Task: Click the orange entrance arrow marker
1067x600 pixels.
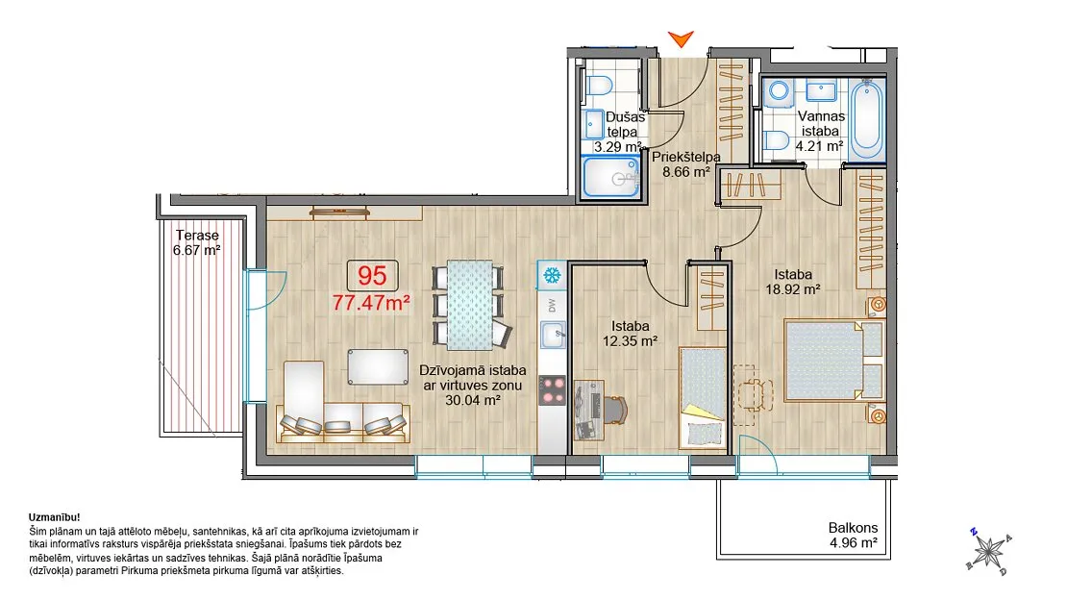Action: pos(681,38)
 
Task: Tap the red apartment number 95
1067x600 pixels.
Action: pos(372,276)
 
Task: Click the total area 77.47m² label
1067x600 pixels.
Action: pos(372,302)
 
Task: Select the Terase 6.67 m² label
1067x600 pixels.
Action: pos(197,242)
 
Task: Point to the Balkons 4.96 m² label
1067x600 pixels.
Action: pos(854,536)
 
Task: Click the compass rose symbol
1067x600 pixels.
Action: pos(989,550)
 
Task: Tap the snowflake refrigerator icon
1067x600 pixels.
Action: pos(551,276)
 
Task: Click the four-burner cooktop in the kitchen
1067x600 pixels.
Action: pos(553,391)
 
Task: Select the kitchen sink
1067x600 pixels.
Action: pos(553,335)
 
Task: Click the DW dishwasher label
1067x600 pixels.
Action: pos(552,305)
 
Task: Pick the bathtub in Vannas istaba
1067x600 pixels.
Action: pos(866,120)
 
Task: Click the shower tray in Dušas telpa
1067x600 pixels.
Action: pos(611,178)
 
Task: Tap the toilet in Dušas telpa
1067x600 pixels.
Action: pos(597,87)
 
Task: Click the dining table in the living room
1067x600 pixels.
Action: pos(469,304)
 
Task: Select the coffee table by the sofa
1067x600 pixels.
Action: pos(378,367)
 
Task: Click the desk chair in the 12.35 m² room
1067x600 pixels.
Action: pos(614,409)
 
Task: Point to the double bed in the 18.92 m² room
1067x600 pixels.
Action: pos(834,361)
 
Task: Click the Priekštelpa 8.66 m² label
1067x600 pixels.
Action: pos(686,164)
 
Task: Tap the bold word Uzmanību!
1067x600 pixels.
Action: pos(55,517)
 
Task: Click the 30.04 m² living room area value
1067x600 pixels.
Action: pos(473,400)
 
